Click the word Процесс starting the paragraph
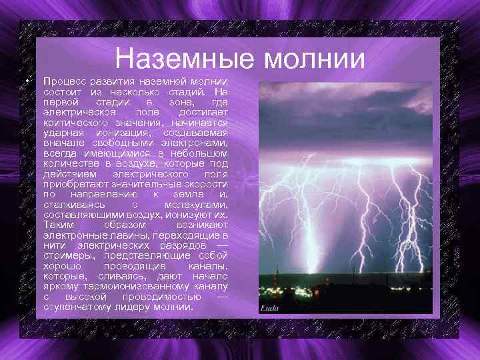(x=64, y=81)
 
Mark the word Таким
(x=58, y=225)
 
